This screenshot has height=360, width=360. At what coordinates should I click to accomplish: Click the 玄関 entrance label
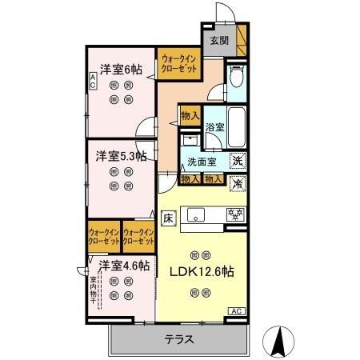click(x=220, y=40)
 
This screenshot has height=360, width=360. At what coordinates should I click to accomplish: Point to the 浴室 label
click(x=214, y=126)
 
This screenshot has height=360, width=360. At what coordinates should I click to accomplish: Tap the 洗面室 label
click(x=202, y=162)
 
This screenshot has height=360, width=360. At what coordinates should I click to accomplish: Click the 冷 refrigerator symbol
click(x=238, y=183)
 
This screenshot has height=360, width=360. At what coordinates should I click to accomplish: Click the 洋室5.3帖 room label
click(x=122, y=154)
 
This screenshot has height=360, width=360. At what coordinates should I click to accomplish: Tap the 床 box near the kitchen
click(x=169, y=216)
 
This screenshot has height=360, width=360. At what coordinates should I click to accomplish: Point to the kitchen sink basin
click(x=198, y=214)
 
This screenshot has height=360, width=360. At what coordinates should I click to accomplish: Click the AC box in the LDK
click(x=238, y=310)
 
